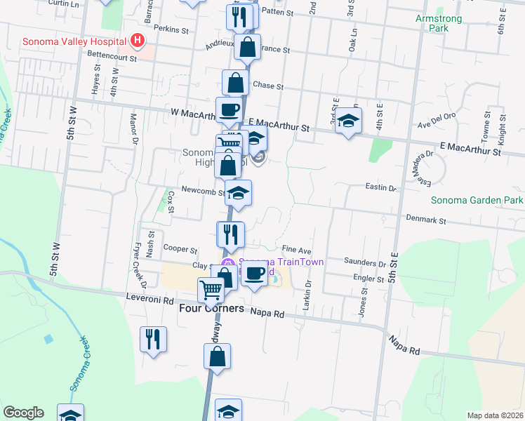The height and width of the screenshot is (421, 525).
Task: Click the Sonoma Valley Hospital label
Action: (x=74, y=41)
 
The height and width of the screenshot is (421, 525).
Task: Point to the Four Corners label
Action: (x=211, y=308)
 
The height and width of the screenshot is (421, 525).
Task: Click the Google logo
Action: (x=24, y=413)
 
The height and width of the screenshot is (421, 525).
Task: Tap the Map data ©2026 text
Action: (x=496, y=415)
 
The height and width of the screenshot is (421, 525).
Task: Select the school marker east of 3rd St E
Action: (x=348, y=121)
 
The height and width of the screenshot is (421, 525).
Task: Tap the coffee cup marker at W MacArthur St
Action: (x=229, y=109)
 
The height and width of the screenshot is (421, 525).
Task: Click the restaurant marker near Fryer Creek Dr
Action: (x=152, y=339)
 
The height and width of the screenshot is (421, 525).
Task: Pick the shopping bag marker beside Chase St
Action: (x=235, y=82)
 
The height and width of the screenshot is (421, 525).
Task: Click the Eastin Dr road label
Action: (x=381, y=188)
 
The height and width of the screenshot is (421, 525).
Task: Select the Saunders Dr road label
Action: (x=365, y=262)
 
